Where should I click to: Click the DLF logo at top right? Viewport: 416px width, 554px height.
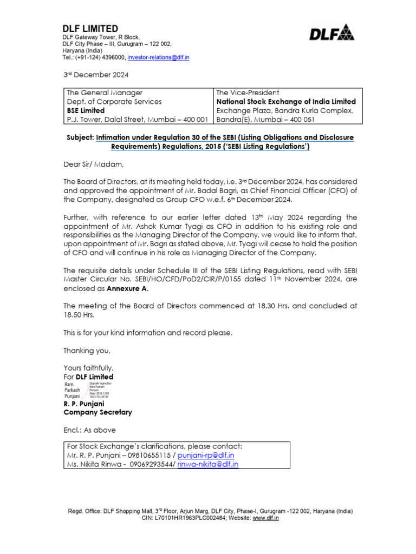click(x=331, y=34)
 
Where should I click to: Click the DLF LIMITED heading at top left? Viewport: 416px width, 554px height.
click(x=90, y=28)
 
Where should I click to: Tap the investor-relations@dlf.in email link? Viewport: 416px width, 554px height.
click(x=158, y=57)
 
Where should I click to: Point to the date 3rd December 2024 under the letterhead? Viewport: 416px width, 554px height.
click(x=96, y=75)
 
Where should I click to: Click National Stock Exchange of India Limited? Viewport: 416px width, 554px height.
click(x=286, y=101)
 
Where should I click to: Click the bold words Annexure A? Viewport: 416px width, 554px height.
click(x=126, y=288)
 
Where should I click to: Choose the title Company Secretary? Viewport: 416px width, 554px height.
click(x=97, y=412)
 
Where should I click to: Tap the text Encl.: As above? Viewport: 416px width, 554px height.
click(x=89, y=430)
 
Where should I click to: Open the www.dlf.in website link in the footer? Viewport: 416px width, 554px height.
click(x=265, y=518)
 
